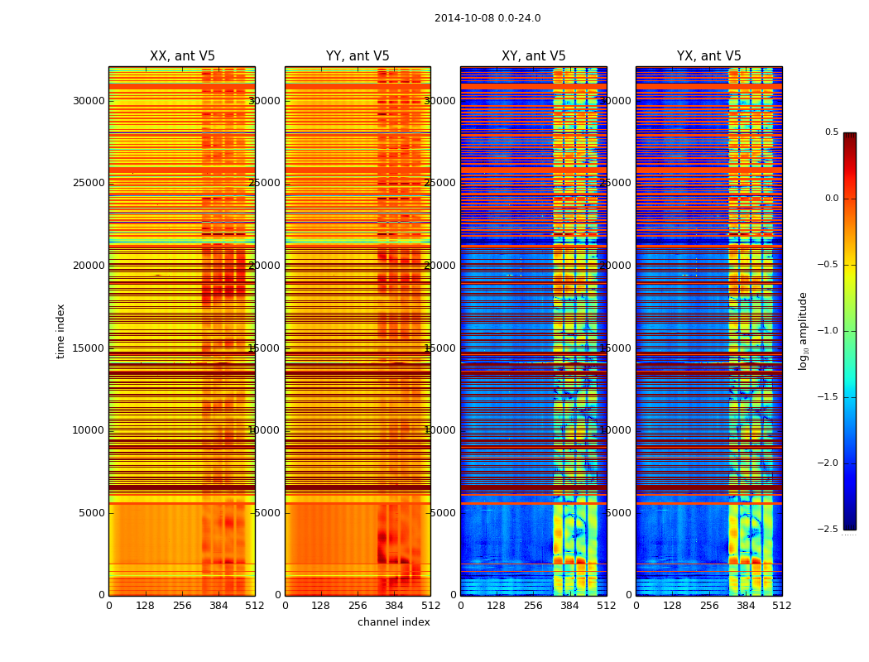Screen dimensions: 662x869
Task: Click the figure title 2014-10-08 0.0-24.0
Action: (x=487, y=18)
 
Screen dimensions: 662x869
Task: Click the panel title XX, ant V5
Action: (x=182, y=56)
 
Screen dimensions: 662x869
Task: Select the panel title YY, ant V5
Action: (x=358, y=56)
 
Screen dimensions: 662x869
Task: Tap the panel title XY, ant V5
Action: (x=534, y=56)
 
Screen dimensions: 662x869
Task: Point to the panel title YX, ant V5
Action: (x=709, y=56)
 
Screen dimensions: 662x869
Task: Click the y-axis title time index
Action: (x=60, y=331)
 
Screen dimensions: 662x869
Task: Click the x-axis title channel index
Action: (x=394, y=622)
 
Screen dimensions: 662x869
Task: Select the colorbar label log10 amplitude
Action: (x=803, y=331)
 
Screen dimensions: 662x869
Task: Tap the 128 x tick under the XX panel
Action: (x=145, y=606)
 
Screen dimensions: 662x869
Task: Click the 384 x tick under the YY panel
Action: (x=394, y=606)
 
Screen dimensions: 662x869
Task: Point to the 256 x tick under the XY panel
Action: (x=534, y=606)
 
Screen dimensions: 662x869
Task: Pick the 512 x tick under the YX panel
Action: (x=782, y=606)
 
